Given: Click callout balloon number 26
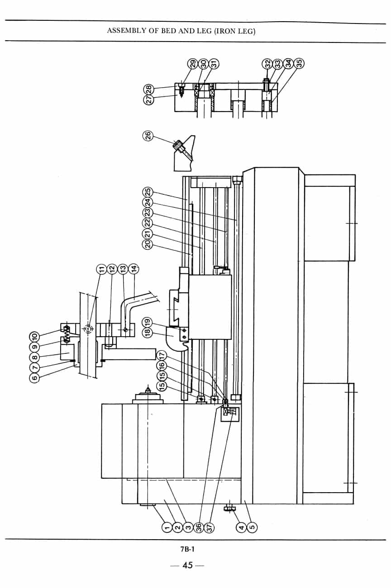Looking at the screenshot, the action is click(x=148, y=136).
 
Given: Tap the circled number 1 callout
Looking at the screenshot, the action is click(x=166, y=527).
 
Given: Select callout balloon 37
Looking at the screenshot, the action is click(x=209, y=527).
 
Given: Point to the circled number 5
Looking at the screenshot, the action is click(x=252, y=527).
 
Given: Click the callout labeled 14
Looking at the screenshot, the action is click(x=134, y=269).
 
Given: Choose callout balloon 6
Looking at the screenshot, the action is click(x=35, y=377).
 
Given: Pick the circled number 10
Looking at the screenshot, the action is click(x=35, y=336).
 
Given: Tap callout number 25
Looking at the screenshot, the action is click(x=148, y=192).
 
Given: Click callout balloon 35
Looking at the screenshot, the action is click(x=299, y=63).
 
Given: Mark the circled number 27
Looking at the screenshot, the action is click(x=149, y=100).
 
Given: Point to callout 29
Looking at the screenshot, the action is click(x=193, y=64).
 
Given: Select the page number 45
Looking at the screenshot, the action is click(x=187, y=565).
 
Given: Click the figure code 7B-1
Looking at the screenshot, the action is click(x=187, y=549).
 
